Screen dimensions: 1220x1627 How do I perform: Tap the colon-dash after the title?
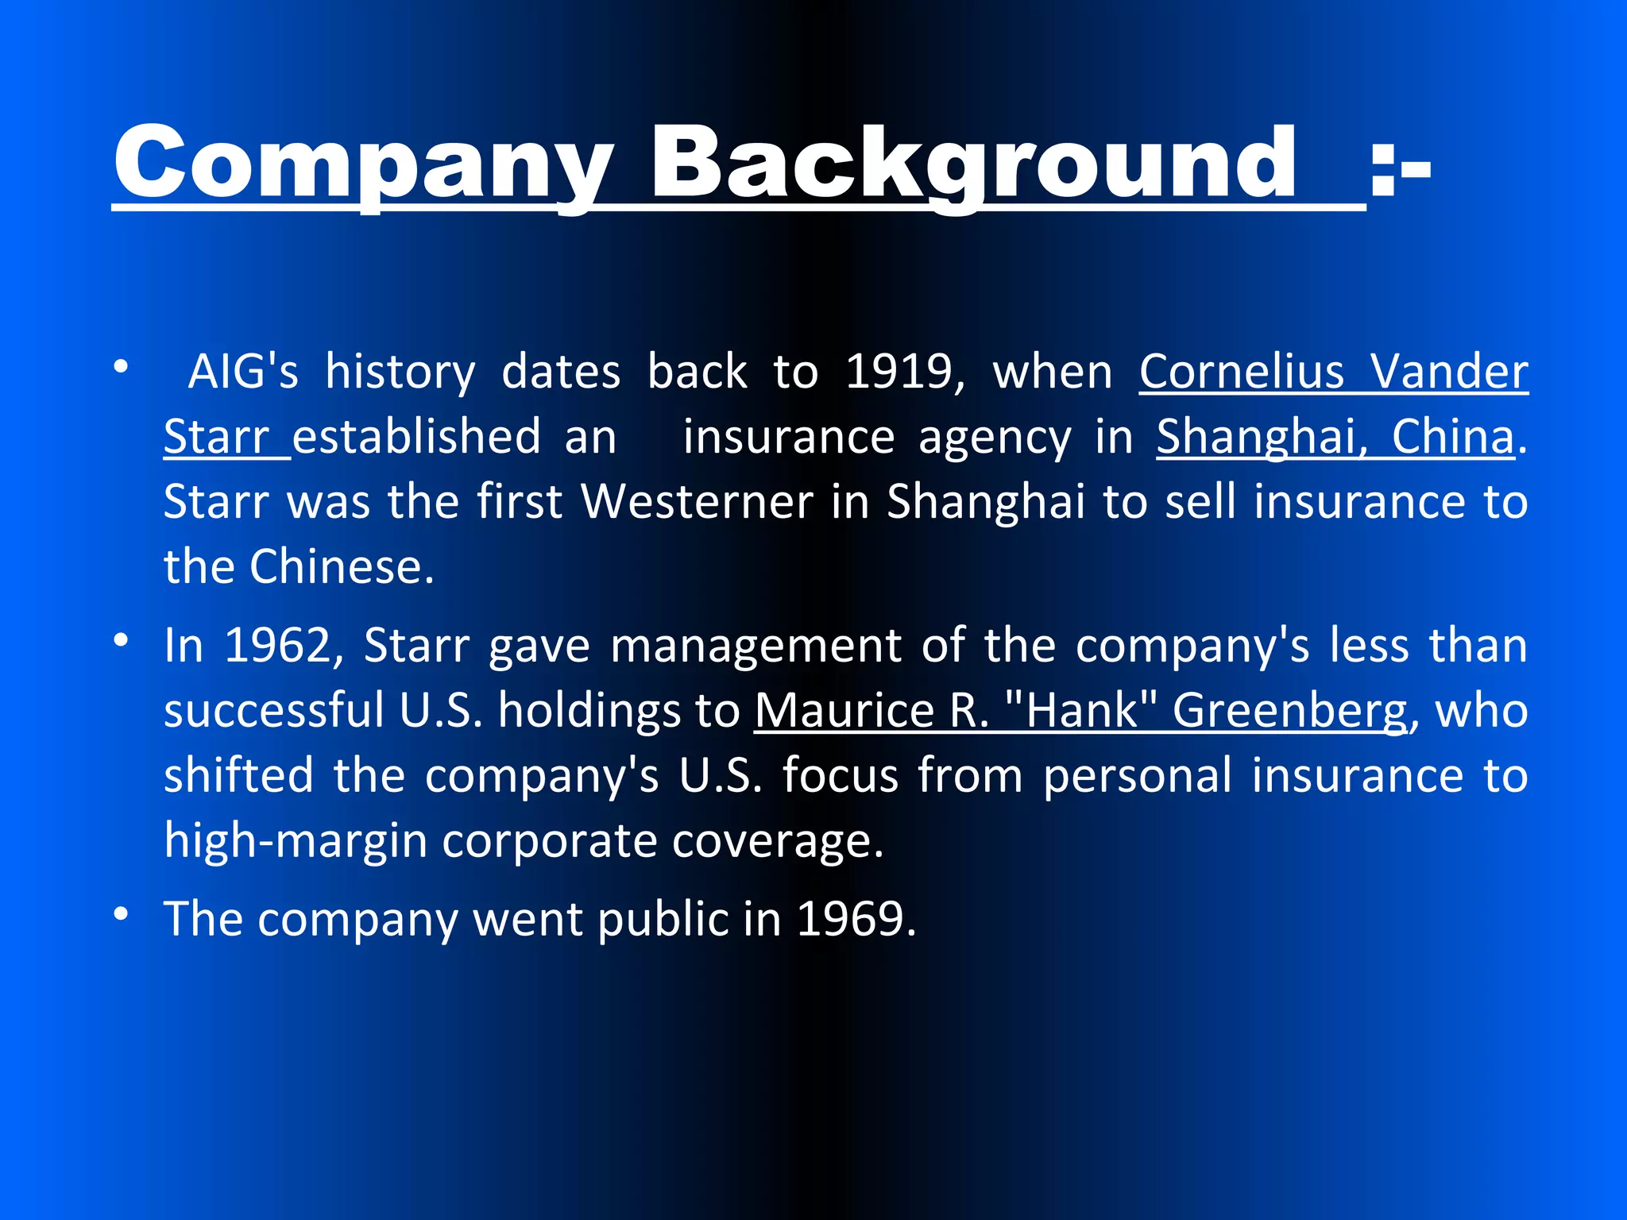point(1400,168)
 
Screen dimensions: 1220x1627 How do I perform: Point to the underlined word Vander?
point(1449,372)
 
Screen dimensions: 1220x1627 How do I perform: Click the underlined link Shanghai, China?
point(1335,437)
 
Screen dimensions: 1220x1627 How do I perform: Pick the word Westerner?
point(697,502)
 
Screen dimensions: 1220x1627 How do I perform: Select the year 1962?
point(277,645)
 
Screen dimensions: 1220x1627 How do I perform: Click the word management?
point(756,645)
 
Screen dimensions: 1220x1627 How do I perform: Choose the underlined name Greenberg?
point(1289,710)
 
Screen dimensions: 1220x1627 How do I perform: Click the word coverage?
point(771,840)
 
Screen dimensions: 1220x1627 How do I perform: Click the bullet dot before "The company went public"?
point(121,914)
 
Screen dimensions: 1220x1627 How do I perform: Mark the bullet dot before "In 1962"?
point(121,640)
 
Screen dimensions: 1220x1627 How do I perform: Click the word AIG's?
point(243,372)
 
